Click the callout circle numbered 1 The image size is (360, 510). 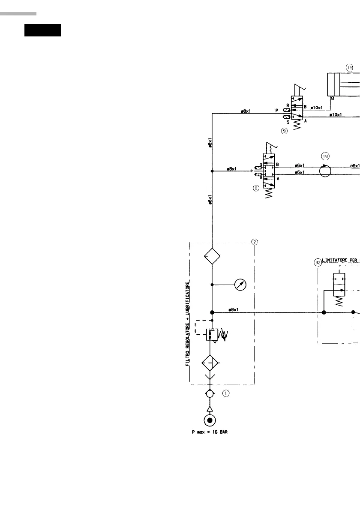point(226,392)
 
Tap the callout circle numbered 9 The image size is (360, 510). point(284,131)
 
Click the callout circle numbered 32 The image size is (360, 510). point(318,263)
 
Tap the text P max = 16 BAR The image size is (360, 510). point(210,432)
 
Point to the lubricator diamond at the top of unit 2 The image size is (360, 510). point(212,257)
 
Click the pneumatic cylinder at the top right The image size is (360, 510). point(343,84)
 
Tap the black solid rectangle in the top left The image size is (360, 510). point(42,31)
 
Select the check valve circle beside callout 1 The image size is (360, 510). point(210,393)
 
